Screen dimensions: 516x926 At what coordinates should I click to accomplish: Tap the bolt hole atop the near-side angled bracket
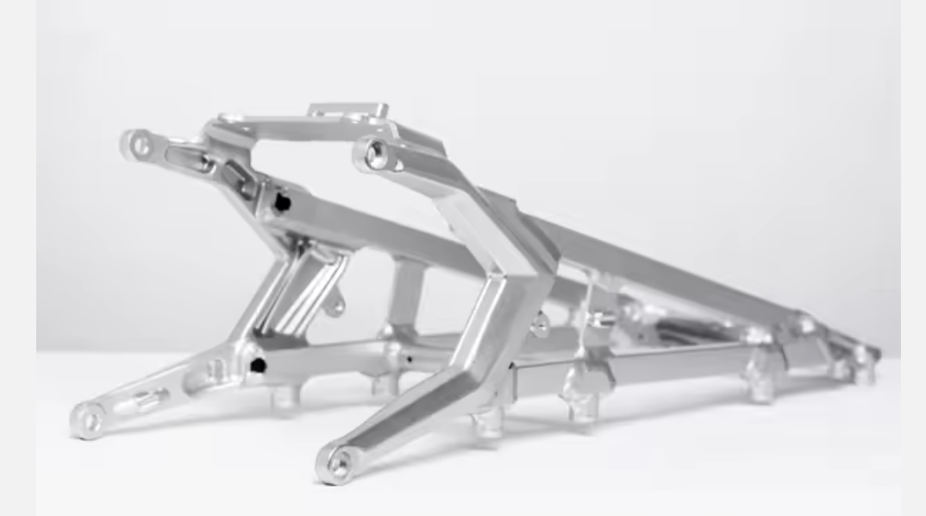click(376, 154)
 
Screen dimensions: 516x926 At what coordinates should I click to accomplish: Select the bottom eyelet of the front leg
click(337, 466)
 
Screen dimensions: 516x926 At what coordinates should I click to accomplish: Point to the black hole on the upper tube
click(281, 204)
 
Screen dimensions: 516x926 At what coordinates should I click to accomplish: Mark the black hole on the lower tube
click(256, 366)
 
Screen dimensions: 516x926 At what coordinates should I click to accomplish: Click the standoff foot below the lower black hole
click(285, 397)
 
